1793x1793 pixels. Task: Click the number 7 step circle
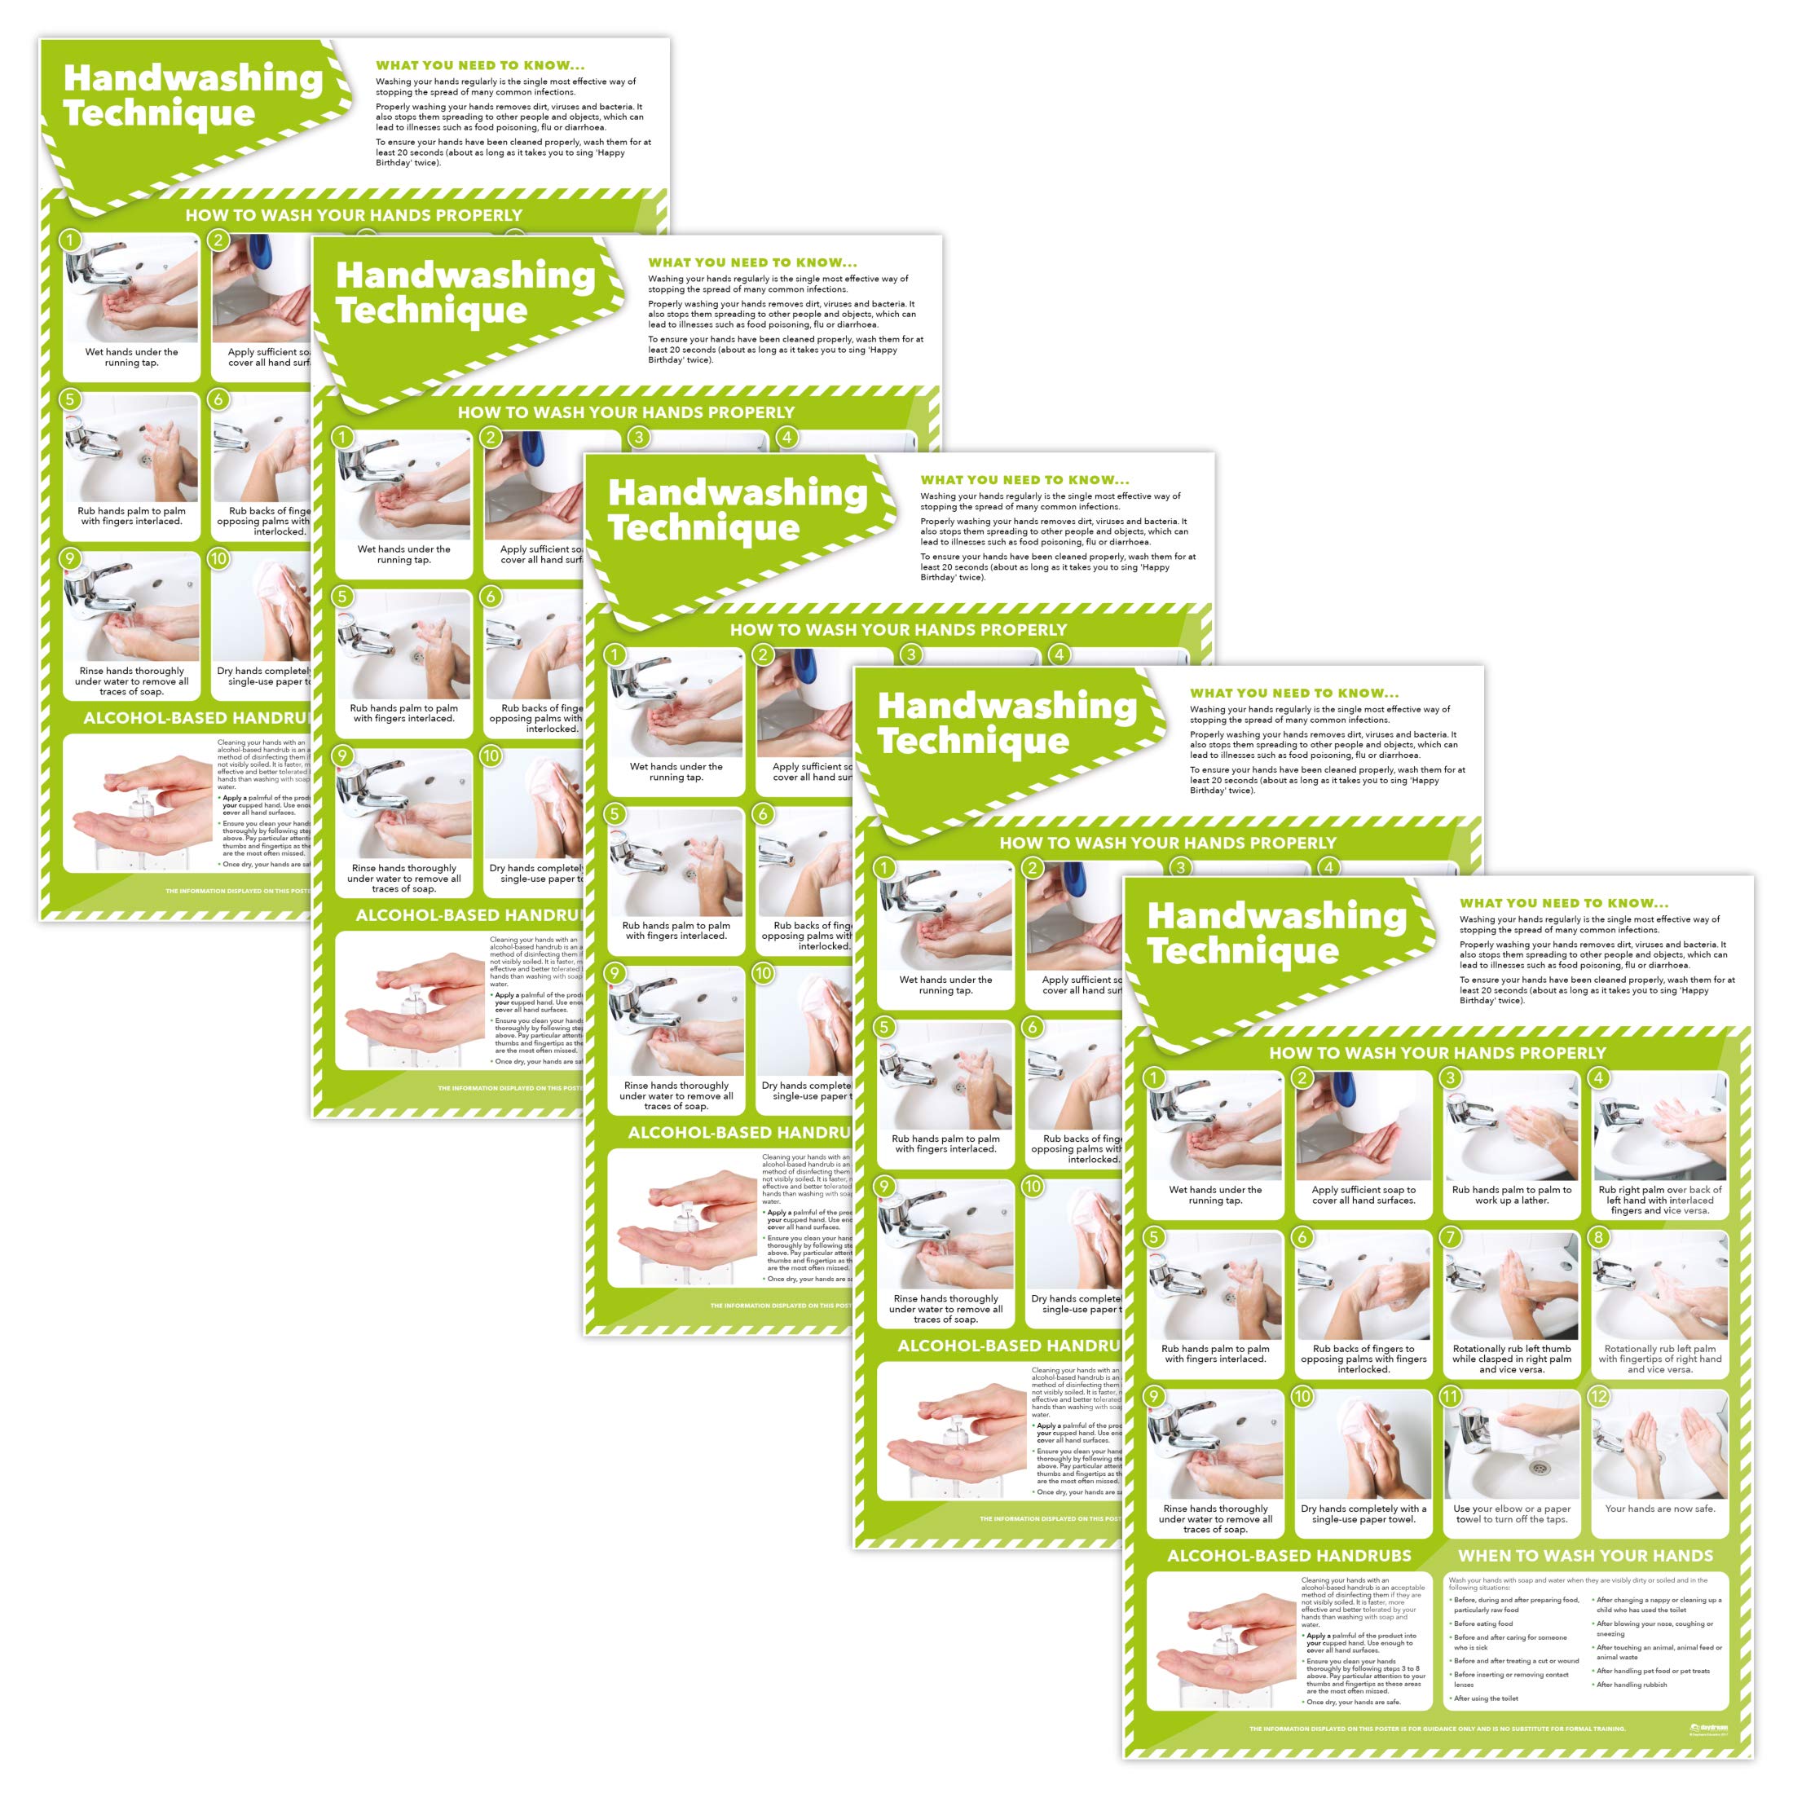[x=1451, y=1237]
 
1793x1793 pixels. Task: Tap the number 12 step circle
[x=1598, y=1397]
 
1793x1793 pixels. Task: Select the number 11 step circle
[x=1451, y=1397]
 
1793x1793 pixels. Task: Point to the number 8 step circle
[x=1598, y=1237]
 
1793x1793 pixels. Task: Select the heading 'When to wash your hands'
[x=1585, y=1555]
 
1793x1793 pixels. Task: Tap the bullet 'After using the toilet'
[x=1486, y=1698]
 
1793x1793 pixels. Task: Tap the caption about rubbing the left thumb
[x=1511, y=1359]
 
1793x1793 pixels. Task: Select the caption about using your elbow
[x=1511, y=1513]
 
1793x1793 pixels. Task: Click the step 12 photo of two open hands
[x=1659, y=1447]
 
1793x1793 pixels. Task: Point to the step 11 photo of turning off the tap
[x=1511, y=1447]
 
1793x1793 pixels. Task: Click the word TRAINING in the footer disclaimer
[x=1606, y=1729]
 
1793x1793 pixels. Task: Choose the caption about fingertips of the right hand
[x=1659, y=1359]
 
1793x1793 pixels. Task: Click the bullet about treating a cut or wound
[x=1516, y=1660]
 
